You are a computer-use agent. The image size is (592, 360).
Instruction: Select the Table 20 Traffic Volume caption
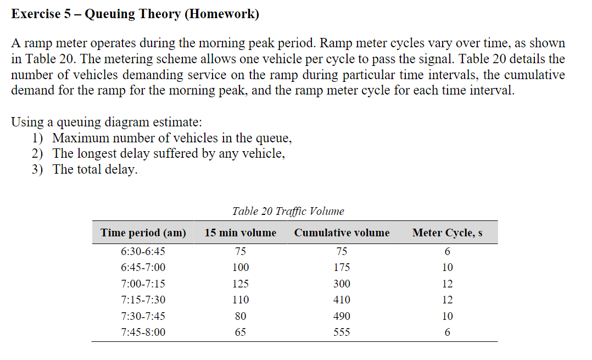click(288, 212)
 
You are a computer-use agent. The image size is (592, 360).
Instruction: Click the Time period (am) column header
click(143, 233)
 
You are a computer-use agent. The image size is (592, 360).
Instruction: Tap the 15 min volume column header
click(240, 233)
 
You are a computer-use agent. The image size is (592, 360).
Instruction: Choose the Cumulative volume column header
click(342, 233)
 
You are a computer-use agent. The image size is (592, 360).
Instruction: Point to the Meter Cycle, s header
click(447, 233)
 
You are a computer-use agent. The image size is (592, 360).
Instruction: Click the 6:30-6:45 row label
click(143, 252)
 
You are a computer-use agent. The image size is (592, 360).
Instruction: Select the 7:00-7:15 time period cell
click(143, 284)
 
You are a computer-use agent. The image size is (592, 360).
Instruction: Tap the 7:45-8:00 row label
click(143, 333)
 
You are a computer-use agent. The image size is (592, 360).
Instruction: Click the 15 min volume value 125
click(241, 284)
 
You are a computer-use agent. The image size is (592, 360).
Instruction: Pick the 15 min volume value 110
click(241, 300)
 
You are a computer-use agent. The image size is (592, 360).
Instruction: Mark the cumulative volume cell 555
click(342, 333)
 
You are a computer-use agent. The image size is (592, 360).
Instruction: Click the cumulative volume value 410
click(342, 300)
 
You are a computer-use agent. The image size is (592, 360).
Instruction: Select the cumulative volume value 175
click(342, 268)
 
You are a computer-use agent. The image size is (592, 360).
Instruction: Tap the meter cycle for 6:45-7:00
click(448, 268)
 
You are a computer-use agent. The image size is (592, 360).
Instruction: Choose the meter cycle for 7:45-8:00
click(448, 333)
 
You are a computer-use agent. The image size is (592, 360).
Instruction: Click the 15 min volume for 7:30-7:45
click(241, 317)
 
